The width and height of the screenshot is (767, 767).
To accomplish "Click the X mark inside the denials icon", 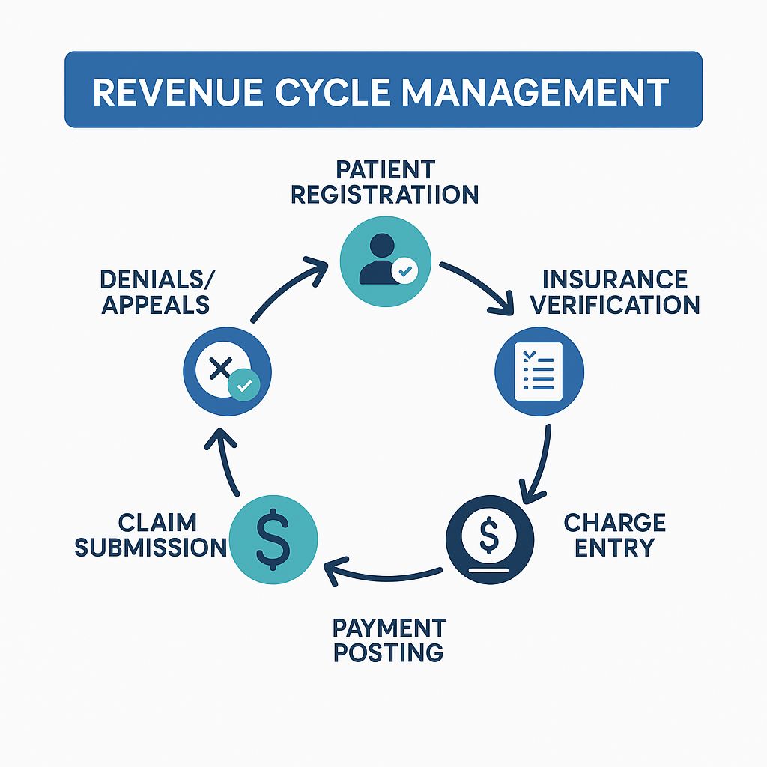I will [220, 368].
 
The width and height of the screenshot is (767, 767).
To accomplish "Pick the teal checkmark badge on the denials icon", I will [243, 385].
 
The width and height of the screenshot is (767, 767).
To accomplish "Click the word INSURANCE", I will [614, 279].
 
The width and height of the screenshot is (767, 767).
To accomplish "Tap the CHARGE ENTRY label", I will [614, 534].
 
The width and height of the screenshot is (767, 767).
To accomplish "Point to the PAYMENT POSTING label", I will [389, 639].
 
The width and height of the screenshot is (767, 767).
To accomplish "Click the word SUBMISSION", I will [151, 548].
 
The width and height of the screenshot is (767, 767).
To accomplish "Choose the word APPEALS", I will [155, 304].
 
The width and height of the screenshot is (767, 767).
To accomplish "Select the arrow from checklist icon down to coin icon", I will [541, 464].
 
